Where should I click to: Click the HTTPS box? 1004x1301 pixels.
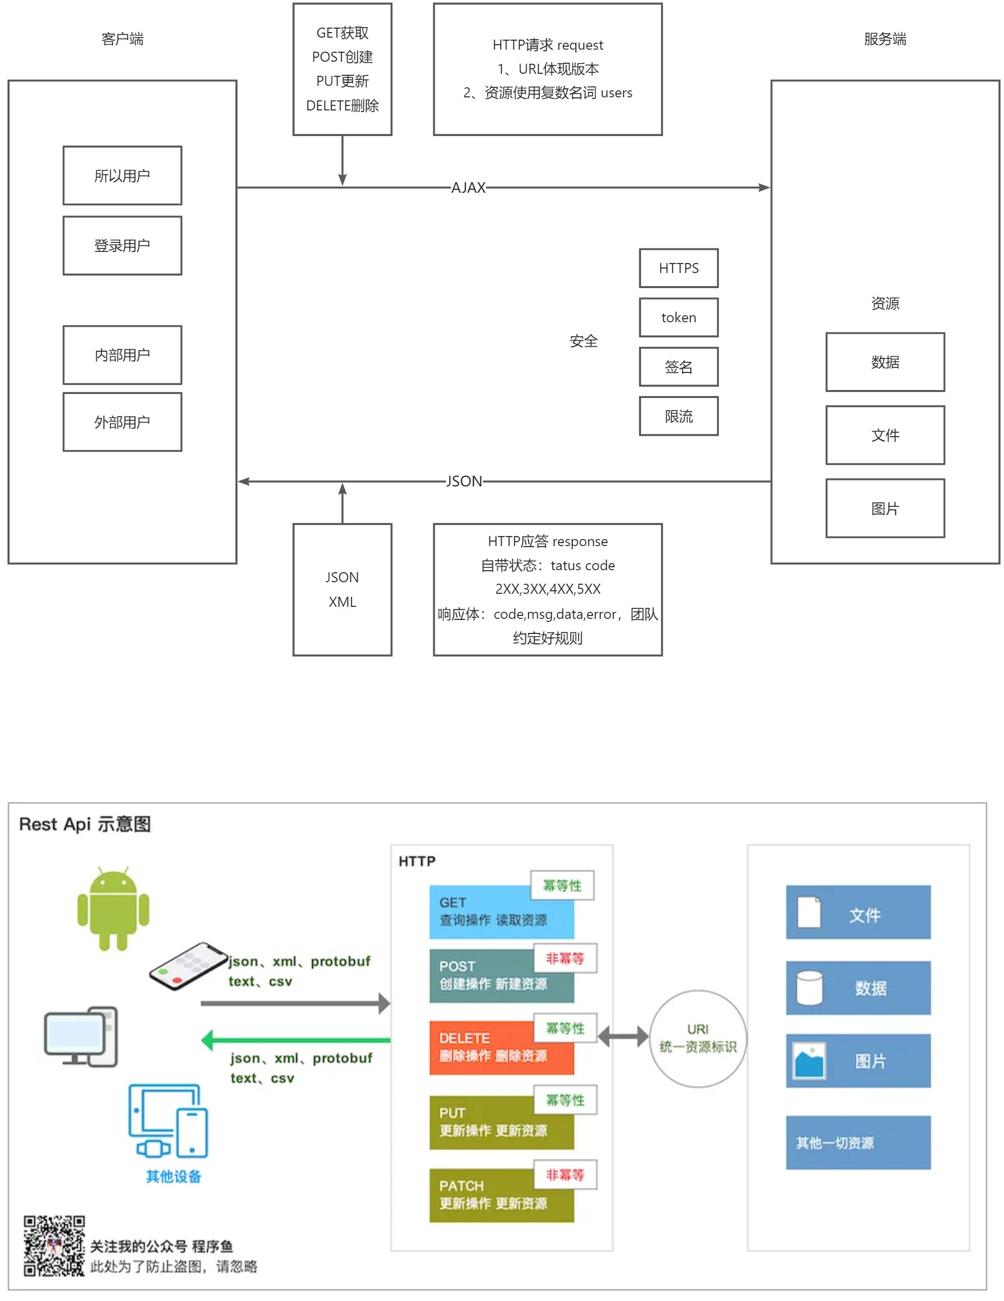(x=678, y=268)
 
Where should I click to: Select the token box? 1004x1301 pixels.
(x=678, y=318)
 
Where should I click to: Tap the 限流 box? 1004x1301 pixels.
(x=678, y=417)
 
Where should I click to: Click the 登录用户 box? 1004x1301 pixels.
(x=122, y=245)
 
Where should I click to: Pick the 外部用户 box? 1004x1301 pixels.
(x=122, y=422)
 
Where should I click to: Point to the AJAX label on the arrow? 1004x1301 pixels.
(x=468, y=188)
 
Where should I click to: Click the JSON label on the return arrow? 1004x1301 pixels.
(x=464, y=481)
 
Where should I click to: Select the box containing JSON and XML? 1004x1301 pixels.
(x=342, y=590)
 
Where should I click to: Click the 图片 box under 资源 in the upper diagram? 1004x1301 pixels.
(x=885, y=508)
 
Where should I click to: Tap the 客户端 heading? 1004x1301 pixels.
(x=122, y=39)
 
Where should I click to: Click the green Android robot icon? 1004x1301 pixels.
(x=113, y=908)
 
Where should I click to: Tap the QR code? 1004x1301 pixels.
(x=54, y=1246)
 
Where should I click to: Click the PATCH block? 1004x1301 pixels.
(x=501, y=1195)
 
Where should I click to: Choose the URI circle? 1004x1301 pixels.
(x=698, y=1038)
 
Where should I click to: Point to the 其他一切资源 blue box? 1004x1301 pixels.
(x=858, y=1142)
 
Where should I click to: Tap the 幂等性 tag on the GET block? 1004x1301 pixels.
(x=562, y=886)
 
